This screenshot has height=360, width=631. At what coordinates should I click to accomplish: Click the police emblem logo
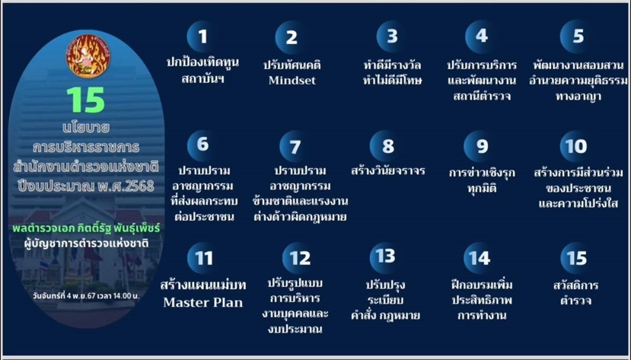[x=88, y=56]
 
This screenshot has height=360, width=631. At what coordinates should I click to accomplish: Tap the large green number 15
[x=86, y=100]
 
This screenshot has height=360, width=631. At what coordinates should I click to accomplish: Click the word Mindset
[x=292, y=81]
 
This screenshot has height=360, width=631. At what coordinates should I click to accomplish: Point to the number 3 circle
[x=392, y=37]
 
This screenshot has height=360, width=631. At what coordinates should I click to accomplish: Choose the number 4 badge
[x=481, y=37]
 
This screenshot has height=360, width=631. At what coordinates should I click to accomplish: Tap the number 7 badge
[x=295, y=146]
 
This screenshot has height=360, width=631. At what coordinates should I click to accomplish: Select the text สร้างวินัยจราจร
[x=388, y=170]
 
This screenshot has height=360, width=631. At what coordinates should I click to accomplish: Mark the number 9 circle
[x=480, y=146]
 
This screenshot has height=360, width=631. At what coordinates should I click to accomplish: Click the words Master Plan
[x=203, y=302]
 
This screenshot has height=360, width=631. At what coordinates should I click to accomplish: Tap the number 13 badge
[x=385, y=256]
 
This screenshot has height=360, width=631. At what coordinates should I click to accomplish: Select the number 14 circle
[x=480, y=258]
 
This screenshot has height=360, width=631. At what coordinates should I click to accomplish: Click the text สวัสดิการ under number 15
[x=575, y=285]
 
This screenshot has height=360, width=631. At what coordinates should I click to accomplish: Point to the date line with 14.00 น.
[x=86, y=295]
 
